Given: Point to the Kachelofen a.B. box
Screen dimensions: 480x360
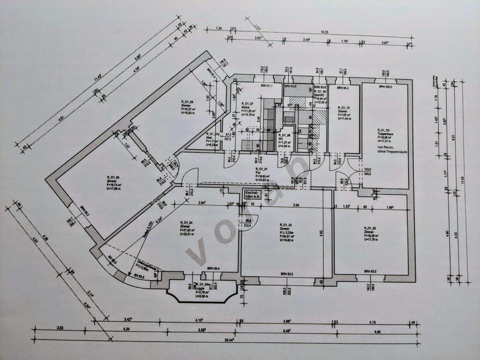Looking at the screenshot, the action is point(253,194).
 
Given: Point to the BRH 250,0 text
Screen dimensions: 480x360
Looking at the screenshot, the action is point(384,87).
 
